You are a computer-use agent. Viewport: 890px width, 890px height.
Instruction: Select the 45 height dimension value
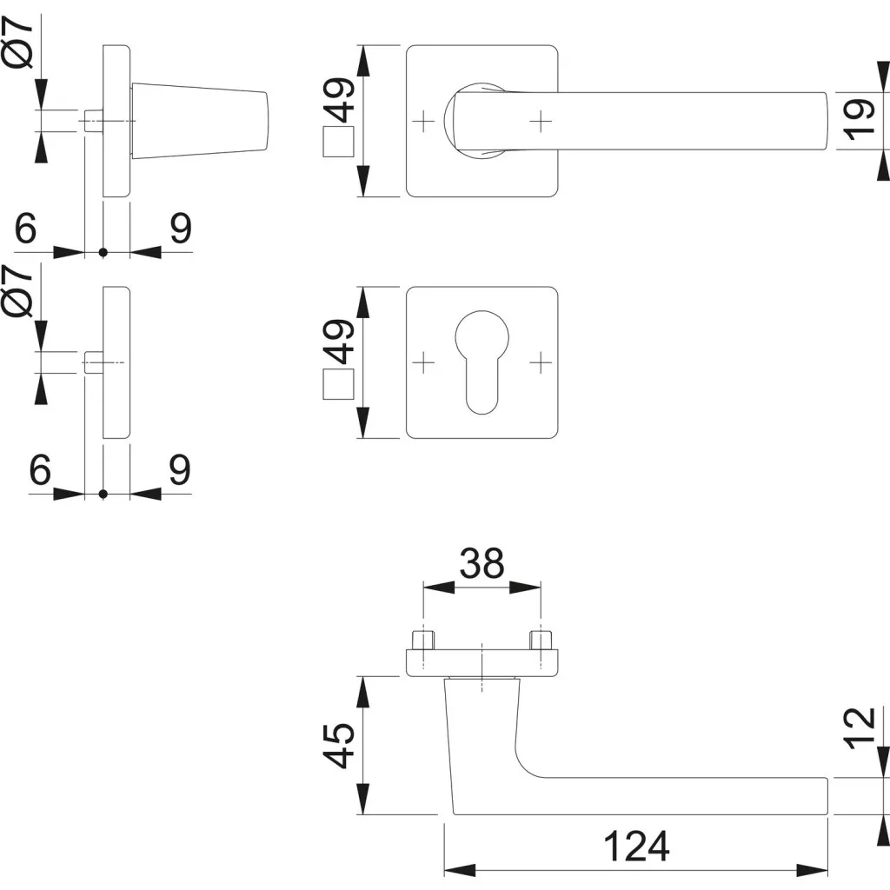[x=341, y=745]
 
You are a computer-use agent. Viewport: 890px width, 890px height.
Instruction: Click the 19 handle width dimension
[x=859, y=120]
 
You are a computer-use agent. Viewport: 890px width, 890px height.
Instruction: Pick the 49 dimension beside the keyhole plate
[x=341, y=341]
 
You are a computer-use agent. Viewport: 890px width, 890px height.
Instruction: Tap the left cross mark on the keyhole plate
[x=423, y=361]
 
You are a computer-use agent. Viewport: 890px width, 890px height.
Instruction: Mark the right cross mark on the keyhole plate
[x=540, y=361]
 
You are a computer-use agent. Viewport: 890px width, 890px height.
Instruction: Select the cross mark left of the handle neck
[x=423, y=121]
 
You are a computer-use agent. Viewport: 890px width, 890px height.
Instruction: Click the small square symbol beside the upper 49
[x=338, y=141]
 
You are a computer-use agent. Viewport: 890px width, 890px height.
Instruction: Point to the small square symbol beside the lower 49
[x=338, y=382]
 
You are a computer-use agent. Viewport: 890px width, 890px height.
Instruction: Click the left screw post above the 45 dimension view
[x=423, y=640]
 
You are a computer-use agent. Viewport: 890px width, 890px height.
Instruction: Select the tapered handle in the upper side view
[x=200, y=121]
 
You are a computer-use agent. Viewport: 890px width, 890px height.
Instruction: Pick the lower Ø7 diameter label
[x=22, y=291]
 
